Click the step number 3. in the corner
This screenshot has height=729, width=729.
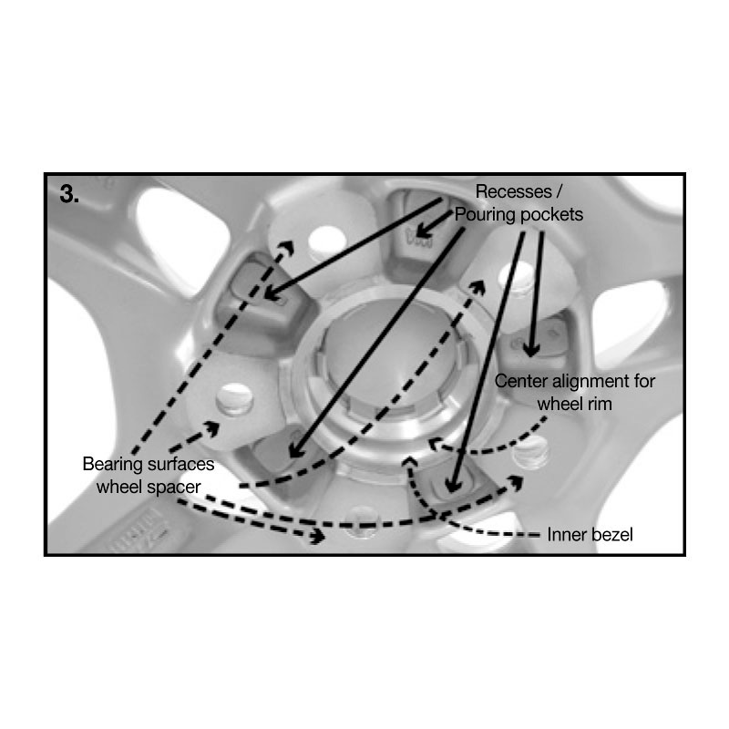point(69,194)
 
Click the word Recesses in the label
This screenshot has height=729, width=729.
point(513,191)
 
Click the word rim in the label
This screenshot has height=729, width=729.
point(599,404)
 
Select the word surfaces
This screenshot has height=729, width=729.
point(180,464)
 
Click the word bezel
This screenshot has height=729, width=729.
point(610,535)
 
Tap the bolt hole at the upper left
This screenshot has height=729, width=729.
point(327,242)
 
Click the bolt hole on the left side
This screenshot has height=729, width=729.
point(235,399)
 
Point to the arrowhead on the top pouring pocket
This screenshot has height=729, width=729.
point(422,231)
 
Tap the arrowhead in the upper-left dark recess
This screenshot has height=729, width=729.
point(272,293)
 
